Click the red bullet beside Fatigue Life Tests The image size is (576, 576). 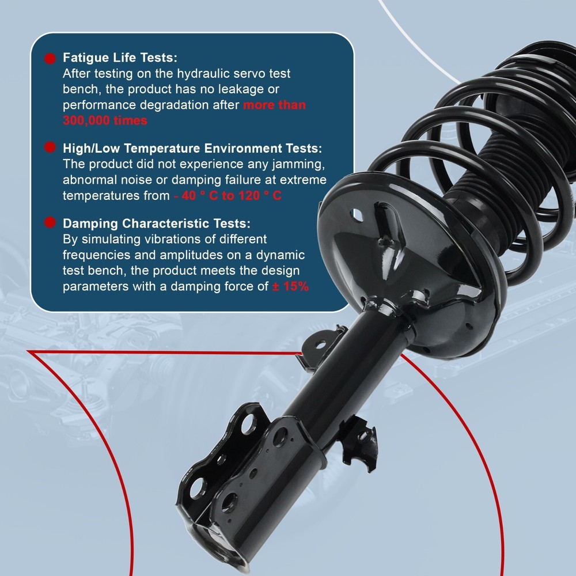click(x=50, y=58)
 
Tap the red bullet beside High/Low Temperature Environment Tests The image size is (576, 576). click(x=50, y=147)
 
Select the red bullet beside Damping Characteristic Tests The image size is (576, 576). click(x=50, y=222)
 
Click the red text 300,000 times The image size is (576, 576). click(x=105, y=120)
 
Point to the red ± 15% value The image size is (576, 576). click(x=290, y=286)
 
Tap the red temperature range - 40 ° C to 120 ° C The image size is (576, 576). click(x=228, y=195)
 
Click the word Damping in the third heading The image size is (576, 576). click(x=90, y=223)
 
